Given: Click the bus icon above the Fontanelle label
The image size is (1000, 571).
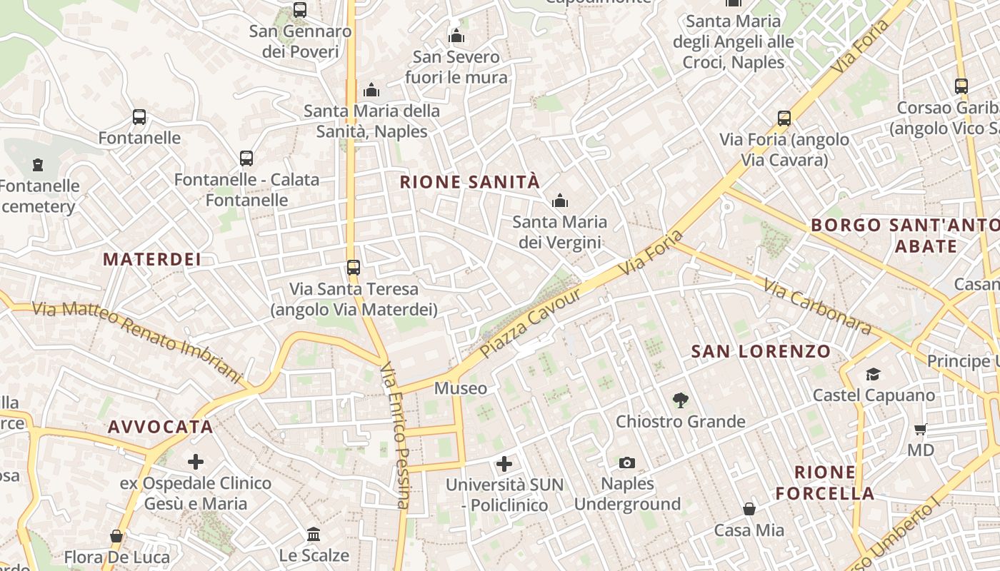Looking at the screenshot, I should [139, 117].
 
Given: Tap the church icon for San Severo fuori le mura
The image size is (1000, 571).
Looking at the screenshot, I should [456, 36].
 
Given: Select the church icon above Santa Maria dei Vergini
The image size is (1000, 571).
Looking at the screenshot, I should [560, 201].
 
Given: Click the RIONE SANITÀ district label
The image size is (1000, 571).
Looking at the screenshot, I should [470, 182].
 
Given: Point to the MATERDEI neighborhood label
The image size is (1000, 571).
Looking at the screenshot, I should [152, 259].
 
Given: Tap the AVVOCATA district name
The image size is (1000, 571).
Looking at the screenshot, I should [161, 427].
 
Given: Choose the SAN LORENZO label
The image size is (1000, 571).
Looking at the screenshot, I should [761, 351].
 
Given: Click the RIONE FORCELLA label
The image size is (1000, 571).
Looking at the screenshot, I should [825, 482].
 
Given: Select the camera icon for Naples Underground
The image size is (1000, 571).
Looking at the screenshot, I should [627, 463].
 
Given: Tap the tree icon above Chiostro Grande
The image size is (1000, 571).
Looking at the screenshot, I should [681, 400].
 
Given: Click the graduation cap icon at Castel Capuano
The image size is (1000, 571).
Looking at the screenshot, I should [873, 374].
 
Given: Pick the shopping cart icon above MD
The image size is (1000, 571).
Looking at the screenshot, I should [921, 429].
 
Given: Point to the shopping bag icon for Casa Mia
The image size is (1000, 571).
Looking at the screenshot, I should [749, 509].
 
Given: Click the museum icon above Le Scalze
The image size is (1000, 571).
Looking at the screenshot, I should [314, 534].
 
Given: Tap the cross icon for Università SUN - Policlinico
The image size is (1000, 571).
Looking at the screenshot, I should [504, 464].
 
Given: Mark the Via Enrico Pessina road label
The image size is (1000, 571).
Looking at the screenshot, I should [396, 435].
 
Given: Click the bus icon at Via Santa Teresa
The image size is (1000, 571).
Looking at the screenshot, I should [354, 268].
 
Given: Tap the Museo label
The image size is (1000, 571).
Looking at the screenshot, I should [461, 388].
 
